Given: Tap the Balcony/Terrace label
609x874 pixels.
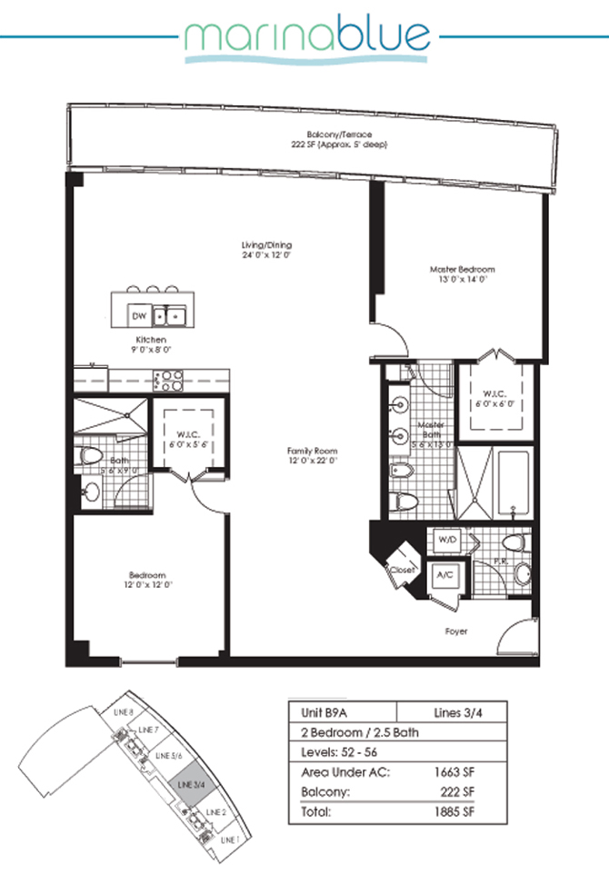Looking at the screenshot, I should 314,138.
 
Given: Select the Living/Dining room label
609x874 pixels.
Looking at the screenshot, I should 266,250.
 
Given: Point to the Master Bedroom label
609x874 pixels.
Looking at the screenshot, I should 463,274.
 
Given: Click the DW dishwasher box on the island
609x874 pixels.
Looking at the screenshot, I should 139,315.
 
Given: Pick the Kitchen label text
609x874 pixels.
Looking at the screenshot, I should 152,343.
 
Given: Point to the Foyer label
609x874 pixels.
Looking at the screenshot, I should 457,630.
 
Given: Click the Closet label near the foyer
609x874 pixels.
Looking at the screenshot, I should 402,570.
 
